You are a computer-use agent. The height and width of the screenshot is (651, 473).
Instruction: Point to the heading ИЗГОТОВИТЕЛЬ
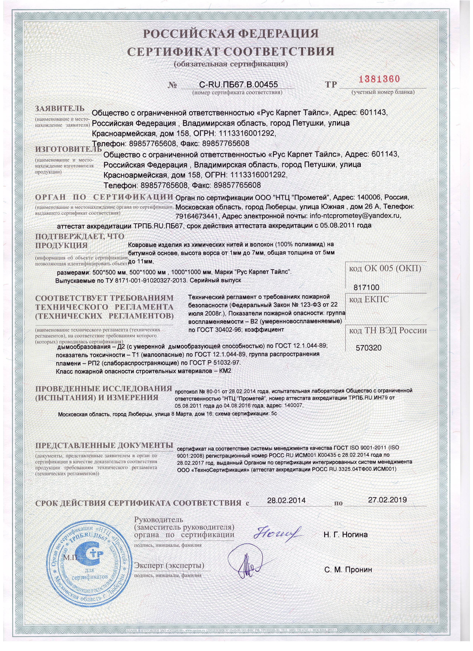tap(68, 149)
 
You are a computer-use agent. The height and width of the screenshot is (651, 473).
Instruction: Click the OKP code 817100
tap(367, 287)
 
